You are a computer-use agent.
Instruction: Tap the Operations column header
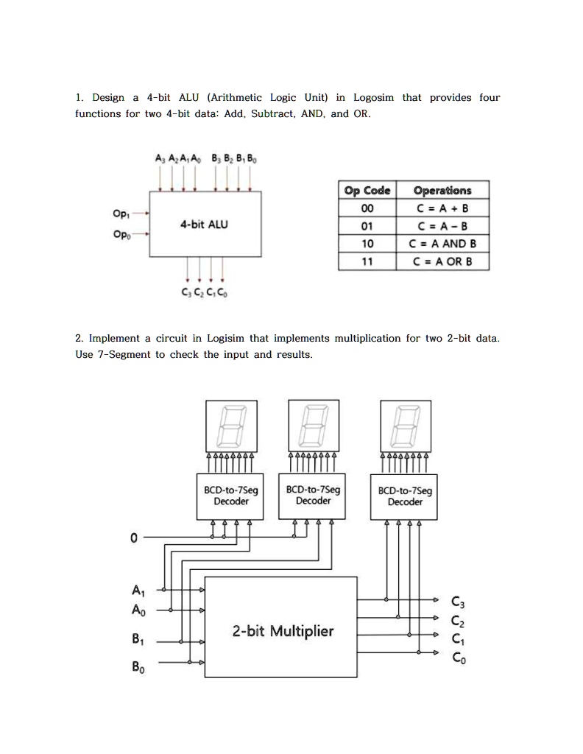pyautogui.click(x=443, y=190)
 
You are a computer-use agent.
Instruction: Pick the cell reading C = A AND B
pyautogui.click(x=443, y=244)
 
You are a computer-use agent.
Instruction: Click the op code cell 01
pyautogui.click(x=368, y=226)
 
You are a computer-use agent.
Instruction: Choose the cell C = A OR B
pyautogui.click(x=443, y=261)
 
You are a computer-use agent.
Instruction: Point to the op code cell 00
pyautogui.click(x=368, y=208)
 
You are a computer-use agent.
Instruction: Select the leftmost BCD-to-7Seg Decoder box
pyautogui.click(x=231, y=496)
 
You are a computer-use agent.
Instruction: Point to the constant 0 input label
pyautogui.click(x=133, y=538)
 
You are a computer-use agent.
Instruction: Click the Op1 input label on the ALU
pyautogui.click(x=121, y=214)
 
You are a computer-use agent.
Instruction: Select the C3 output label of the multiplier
pyautogui.click(x=457, y=603)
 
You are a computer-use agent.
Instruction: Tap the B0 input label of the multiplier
pyautogui.click(x=138, y=668)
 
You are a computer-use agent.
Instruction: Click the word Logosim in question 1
pyautogui.click(x=373, y=98)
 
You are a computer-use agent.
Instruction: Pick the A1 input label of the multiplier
pyautogui.click(x=138, y=591)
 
